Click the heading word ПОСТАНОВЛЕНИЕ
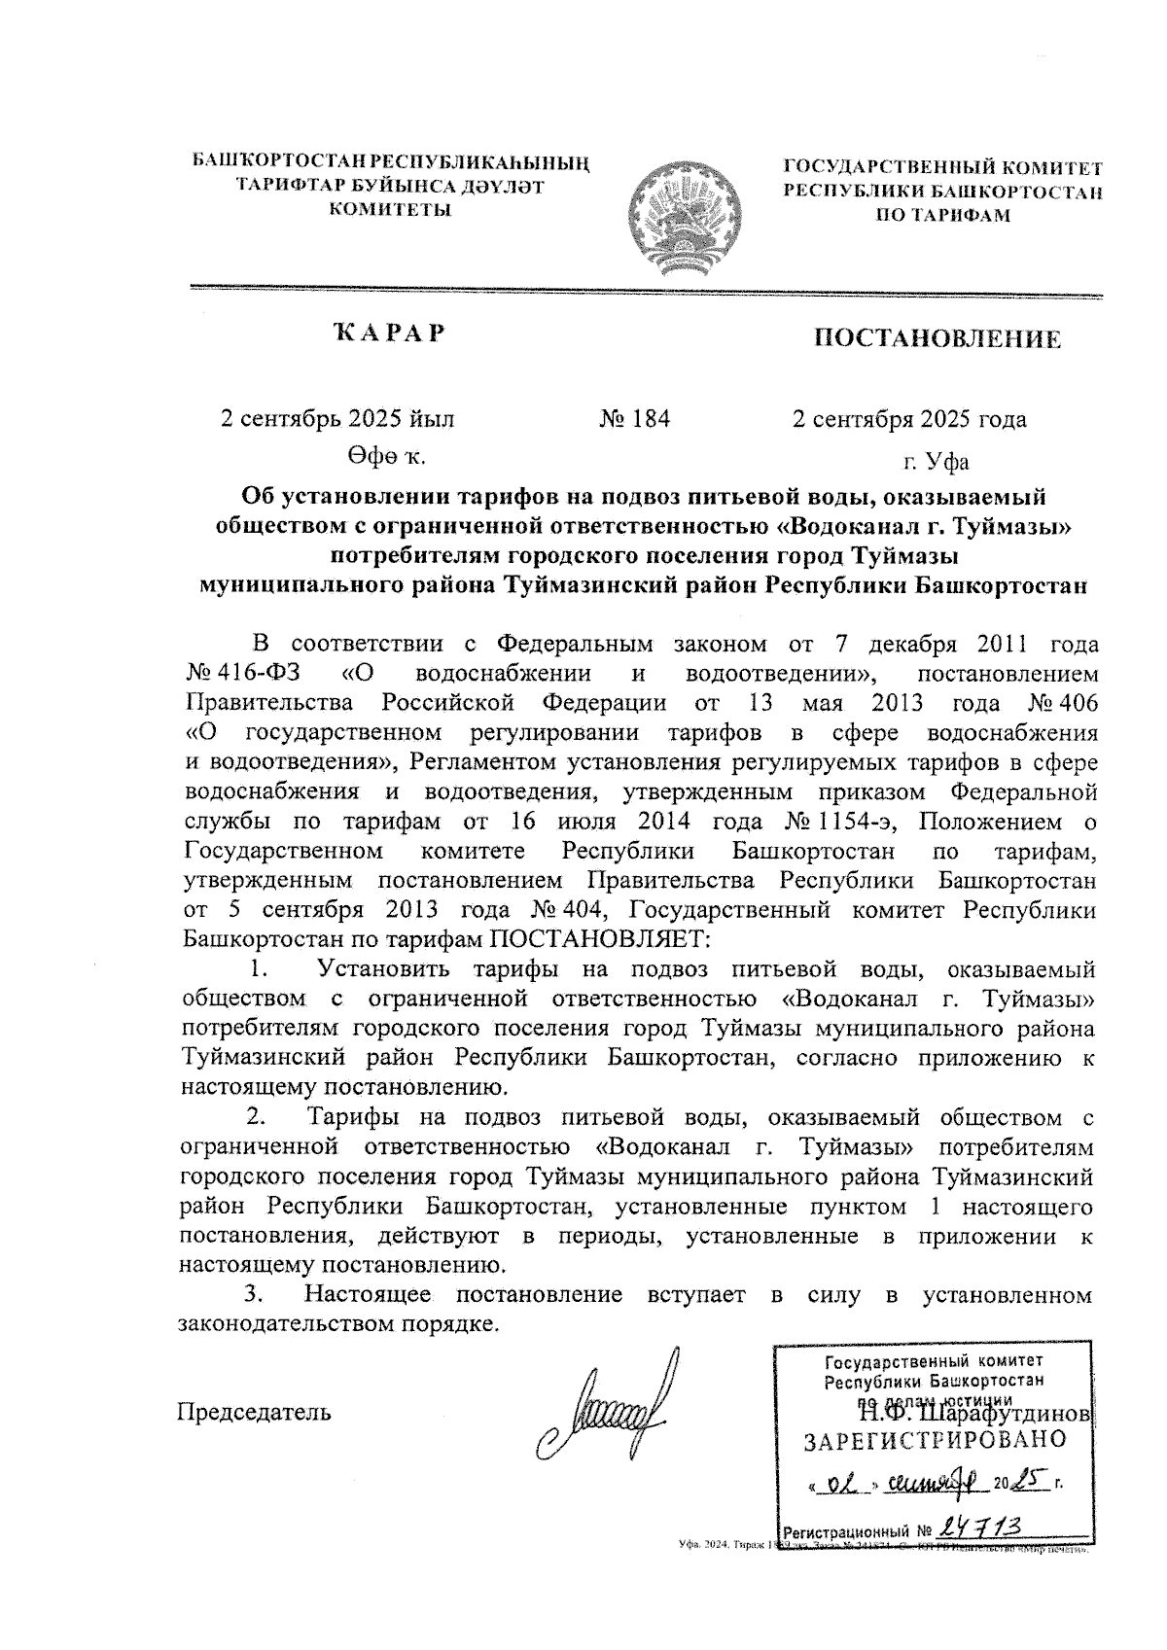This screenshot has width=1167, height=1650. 937,339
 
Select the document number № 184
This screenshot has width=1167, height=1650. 634,419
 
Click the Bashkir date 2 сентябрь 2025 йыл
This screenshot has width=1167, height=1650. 338,419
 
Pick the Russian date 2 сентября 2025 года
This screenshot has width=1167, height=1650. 910,419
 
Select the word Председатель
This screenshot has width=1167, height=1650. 254,1411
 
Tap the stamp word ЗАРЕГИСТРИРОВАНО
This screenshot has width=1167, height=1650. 935,1440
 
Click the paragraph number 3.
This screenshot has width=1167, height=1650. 255,1294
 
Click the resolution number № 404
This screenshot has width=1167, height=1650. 570,911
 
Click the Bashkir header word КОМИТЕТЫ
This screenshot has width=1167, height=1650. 391,208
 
